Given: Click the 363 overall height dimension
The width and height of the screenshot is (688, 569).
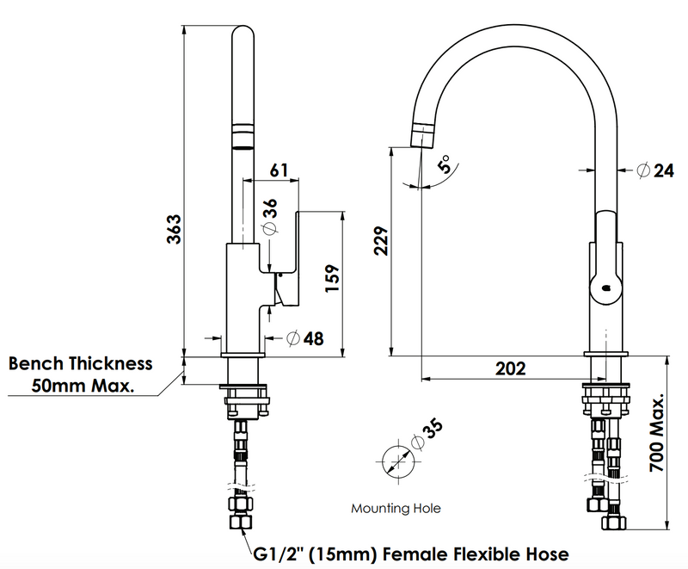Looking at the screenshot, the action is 175,229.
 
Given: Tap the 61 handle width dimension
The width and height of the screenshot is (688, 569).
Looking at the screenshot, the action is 279,170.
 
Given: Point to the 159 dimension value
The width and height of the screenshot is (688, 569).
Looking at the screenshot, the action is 332,278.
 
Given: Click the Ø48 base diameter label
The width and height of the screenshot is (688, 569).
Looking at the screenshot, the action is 305,338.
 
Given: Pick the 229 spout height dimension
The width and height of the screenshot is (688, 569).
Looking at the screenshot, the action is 381,240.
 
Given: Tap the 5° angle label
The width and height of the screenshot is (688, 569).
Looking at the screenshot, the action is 445,164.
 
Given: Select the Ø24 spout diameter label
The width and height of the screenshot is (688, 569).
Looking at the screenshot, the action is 655,170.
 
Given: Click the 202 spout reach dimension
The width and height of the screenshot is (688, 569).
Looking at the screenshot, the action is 510,368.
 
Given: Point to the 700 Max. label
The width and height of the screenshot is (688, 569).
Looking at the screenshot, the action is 657,432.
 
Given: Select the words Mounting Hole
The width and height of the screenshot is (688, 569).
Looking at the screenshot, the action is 396,509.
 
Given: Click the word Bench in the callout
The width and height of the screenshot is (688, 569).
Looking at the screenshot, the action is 35,363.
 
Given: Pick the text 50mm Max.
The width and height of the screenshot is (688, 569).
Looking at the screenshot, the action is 83,386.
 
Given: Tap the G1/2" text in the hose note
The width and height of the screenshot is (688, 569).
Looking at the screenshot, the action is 279,554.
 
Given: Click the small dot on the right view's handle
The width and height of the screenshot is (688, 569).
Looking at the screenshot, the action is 607,288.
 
